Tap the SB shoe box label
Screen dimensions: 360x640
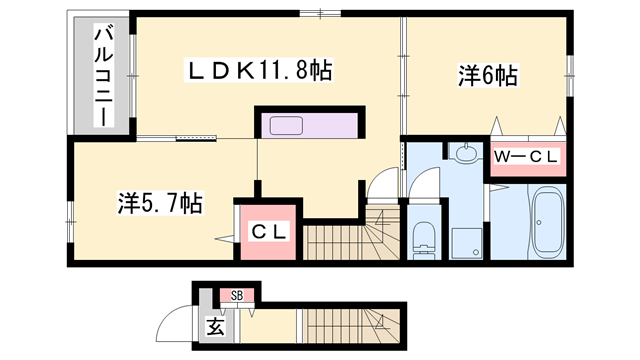[237, 294]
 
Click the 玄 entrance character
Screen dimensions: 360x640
[214, 325]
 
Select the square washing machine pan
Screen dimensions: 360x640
[465, 240]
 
